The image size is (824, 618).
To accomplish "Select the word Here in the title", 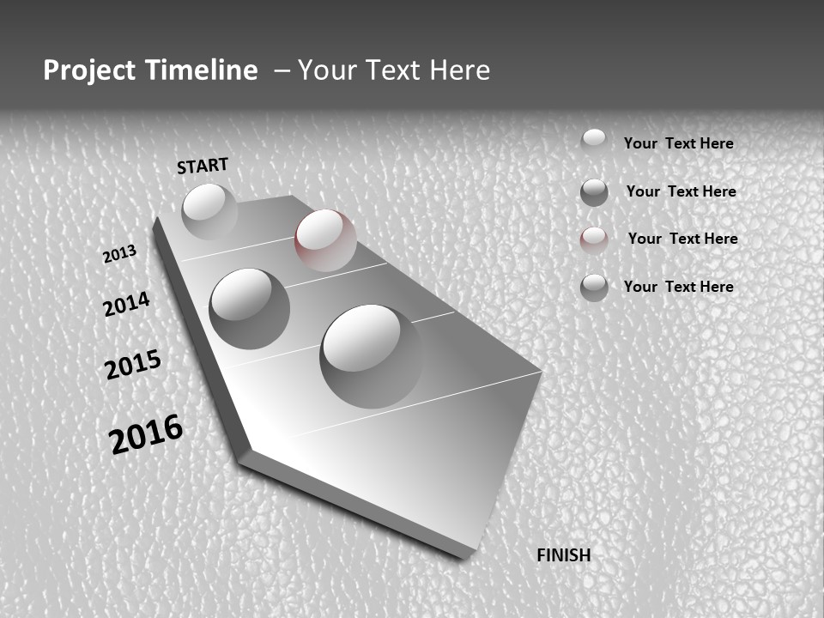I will pos(462,70).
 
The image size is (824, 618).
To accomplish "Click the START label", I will pos(203,166).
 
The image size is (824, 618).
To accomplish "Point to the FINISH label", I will pos(564,555).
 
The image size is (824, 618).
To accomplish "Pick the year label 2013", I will pos(120,254).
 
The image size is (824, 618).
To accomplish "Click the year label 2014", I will pos(127,304).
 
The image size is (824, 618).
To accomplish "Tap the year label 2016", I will pos(146,434).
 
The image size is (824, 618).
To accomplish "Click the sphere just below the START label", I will pos(209,209).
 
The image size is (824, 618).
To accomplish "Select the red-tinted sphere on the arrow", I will pos(325,239).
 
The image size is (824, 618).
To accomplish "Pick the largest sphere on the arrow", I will pos(371,355).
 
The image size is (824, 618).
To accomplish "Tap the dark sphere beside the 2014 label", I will pos(250,308).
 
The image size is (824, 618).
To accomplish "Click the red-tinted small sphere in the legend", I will pos(594,240).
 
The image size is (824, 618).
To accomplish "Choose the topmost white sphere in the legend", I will pos(594,141).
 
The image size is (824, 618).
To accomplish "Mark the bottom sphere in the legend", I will pos(594,288).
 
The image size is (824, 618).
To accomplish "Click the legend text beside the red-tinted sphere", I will pos(682,239).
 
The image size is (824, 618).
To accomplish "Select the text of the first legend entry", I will pos(678,143).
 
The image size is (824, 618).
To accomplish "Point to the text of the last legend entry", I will pos(678,287).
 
